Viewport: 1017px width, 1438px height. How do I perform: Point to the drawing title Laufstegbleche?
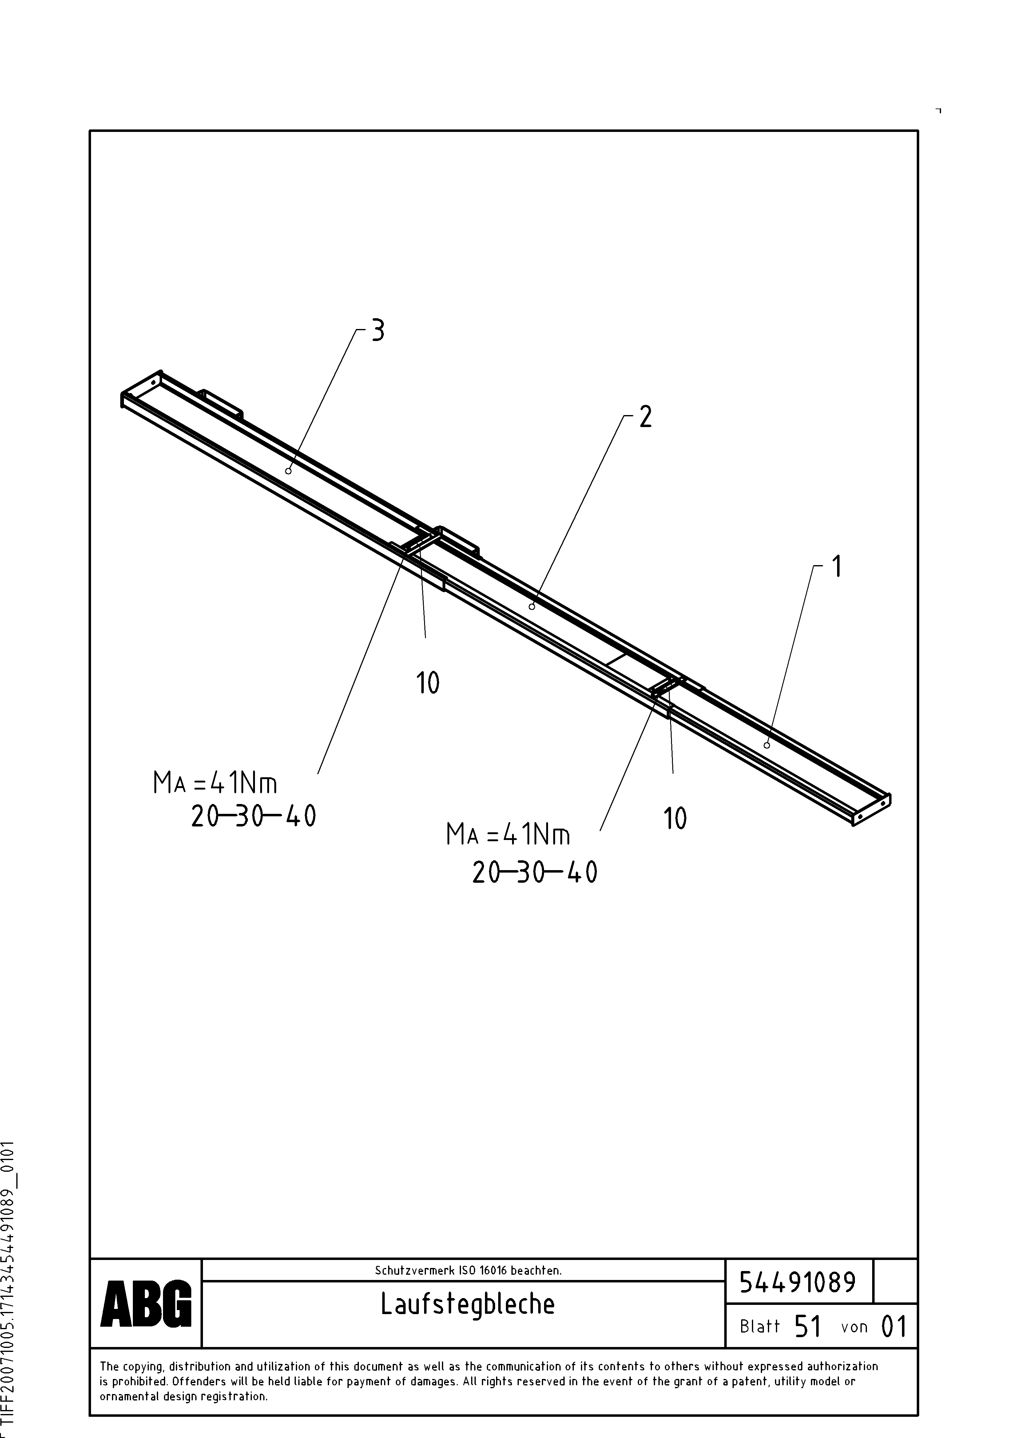pyautogui.click(x=467, y=1304)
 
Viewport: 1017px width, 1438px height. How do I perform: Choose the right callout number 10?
pyautogui.click(x=675, y=818)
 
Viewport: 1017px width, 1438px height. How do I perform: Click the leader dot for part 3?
pyautogui.click(x=288, y=471)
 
